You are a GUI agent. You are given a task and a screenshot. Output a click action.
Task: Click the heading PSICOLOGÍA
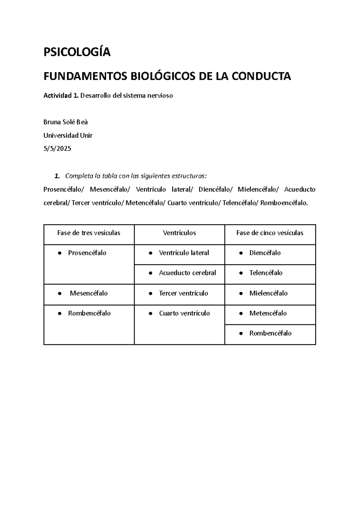pos(77,52)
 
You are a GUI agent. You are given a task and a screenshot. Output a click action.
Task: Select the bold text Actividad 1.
pos(61,96)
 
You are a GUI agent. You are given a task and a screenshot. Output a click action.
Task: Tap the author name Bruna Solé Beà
pos(65,122)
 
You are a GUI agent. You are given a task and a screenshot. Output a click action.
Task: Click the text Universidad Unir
pos(68,135)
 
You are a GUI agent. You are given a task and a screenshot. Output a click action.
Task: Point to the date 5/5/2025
pos(57,148)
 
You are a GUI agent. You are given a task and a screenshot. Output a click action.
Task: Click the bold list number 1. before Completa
pos(57,176)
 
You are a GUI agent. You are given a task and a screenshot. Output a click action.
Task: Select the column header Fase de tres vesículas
pos(88,233)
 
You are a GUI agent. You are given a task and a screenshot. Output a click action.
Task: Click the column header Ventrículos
pos(179,233)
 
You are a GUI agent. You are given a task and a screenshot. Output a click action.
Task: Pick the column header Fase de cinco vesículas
pos(270,233)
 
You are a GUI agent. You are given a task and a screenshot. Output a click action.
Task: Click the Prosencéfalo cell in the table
pos(87,253)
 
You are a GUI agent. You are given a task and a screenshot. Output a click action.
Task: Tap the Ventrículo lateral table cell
pos(184,253)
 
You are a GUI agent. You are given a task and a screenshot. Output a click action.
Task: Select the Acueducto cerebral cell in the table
pos(187,273)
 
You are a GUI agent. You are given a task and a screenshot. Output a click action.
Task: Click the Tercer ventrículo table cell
pos(183,293)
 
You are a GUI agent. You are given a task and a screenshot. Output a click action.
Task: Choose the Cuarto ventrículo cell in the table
pos(184,313)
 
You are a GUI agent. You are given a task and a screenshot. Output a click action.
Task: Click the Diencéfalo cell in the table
pos(265,253)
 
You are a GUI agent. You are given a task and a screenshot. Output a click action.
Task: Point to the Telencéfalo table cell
pos(266,273)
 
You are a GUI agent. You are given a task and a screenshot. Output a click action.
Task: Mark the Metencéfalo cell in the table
pos(268,313)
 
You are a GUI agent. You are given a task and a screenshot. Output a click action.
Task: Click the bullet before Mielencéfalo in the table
pos(241,294)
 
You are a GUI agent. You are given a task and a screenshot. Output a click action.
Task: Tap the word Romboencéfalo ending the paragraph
pos(284,203)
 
